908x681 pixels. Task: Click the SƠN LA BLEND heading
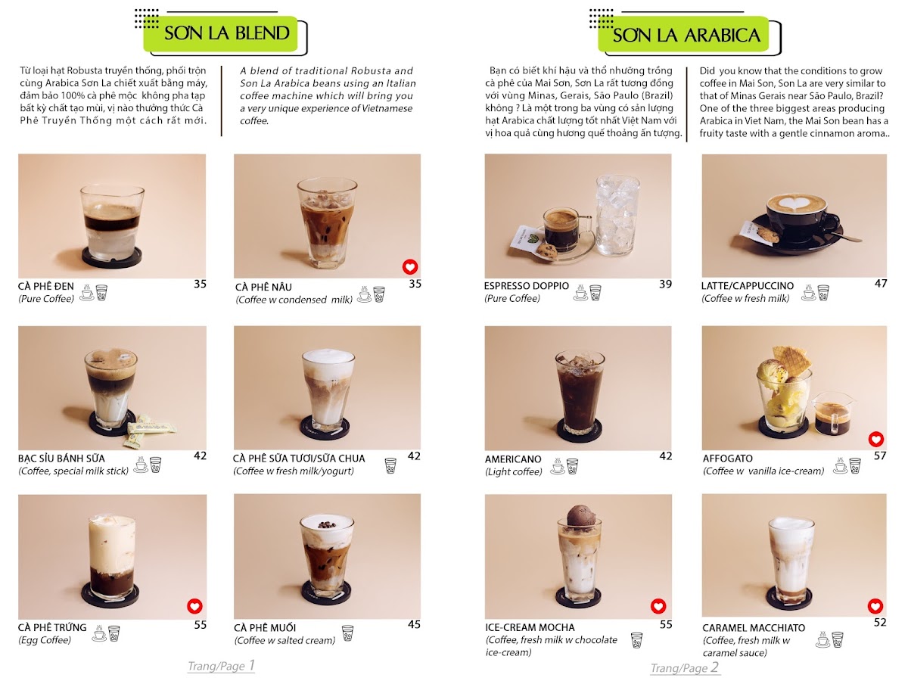227,33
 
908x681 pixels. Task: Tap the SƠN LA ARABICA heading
686,35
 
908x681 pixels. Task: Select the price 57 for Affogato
880,456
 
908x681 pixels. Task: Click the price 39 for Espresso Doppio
665,284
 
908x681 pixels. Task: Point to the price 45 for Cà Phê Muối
414,624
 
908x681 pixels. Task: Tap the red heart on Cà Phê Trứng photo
194,606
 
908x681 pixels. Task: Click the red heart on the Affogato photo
875,439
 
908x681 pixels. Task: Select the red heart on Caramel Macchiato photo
875,607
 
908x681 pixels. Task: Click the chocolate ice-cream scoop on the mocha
580,517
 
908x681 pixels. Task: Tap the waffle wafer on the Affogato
789,359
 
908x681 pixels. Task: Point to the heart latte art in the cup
796,204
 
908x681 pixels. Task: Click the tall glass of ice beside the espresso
617,215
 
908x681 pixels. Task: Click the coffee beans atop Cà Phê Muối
326,524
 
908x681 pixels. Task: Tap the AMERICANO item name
513,459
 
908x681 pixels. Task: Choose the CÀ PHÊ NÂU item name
263,287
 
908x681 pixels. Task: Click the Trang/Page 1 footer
221,666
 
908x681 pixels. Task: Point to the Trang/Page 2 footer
685,668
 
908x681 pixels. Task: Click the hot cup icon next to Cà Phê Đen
87,292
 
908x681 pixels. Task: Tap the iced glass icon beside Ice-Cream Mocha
636,640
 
